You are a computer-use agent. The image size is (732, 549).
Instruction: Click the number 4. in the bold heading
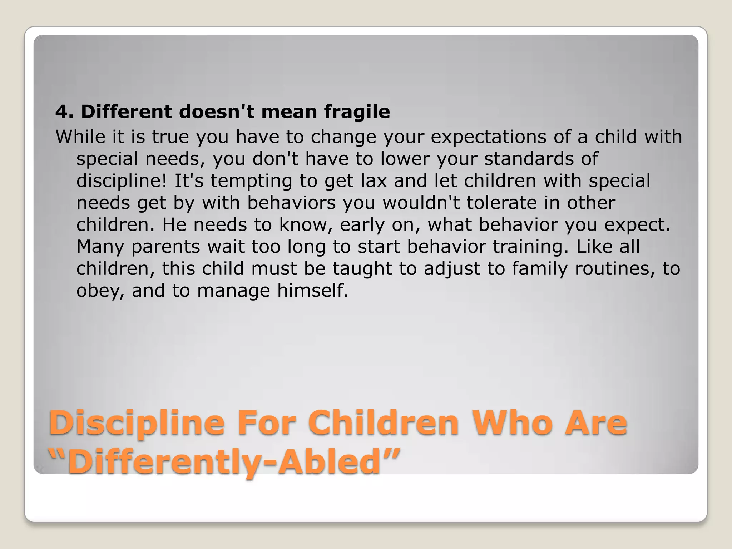click(64, 112)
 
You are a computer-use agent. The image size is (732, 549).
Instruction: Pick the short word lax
click(374, 181)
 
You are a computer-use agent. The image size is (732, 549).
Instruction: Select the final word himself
click(312, 290)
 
